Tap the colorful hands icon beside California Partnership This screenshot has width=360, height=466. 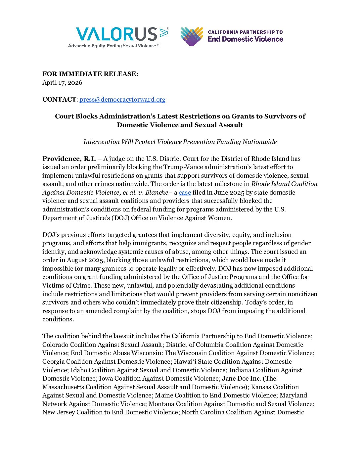[x=192, y=36]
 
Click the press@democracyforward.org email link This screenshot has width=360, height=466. [x=122, y=99]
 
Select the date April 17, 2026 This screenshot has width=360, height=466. [x=62, y=82]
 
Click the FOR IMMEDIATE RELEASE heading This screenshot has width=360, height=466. [x=90, y=74]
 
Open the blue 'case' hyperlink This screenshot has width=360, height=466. [x=185, y=192]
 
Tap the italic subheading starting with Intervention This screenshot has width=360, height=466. [x=180, y=142]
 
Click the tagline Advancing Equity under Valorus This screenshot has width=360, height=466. [x=113, y=46]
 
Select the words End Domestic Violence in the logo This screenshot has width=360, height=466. [x=246, y=39]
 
